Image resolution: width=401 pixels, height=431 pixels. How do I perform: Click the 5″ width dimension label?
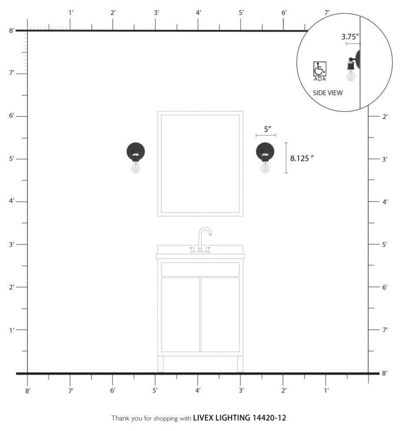(267, 129)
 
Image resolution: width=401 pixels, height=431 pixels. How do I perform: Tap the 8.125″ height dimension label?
(302, 158)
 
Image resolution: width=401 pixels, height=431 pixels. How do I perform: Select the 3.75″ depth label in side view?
(350, 37)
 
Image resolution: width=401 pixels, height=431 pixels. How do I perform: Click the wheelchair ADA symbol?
(320, 69)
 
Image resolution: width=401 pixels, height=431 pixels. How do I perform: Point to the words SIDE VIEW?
(327, 93)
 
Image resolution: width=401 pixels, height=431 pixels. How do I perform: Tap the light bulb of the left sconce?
(135, 167)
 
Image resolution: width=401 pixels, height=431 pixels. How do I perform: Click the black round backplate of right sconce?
(265, 152)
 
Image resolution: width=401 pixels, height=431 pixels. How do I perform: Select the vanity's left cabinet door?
(180, 315)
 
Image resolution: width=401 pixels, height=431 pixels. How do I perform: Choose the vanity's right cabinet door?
(220, 315)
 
